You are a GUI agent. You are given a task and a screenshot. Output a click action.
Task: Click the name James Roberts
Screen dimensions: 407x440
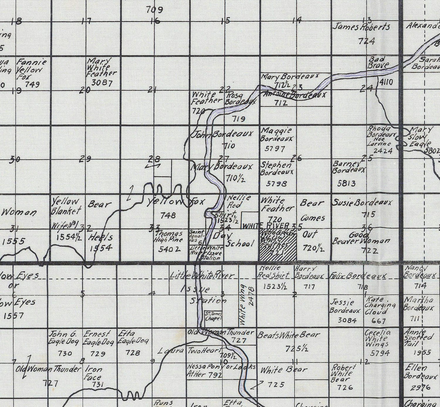pos(361,27)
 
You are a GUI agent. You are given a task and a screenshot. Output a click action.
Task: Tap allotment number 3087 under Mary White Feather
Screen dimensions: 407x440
pos(102,83)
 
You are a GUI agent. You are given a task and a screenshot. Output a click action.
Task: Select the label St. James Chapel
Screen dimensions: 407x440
pos(213,316)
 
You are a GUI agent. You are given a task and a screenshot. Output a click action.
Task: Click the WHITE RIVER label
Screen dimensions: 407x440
pos(266,226)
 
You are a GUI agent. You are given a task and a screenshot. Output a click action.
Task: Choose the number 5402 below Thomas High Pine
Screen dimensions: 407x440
pos(169,249)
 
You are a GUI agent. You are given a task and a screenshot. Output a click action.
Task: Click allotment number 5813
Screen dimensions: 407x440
pos(347,184)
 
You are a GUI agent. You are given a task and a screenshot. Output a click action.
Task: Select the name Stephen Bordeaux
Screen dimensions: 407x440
pos(276,168)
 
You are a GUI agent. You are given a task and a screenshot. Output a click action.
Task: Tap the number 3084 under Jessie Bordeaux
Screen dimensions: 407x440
pos(347,320)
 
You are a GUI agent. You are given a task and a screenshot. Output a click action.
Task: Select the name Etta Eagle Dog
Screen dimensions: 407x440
pos(133,338)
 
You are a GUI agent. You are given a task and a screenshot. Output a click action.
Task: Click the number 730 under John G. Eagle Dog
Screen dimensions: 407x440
pos(65,353)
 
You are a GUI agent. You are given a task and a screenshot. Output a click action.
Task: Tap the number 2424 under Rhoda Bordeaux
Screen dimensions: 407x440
pos(383,151)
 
